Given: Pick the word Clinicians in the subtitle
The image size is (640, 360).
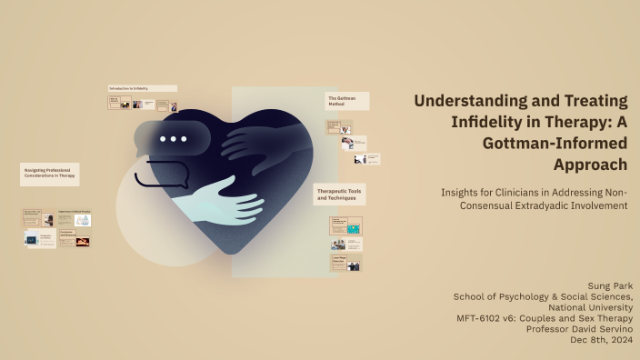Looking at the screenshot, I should pos(512,193).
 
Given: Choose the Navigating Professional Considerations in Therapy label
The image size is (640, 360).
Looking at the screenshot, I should pos(49,174).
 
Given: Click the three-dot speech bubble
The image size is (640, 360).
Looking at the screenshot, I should pos(173,139).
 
